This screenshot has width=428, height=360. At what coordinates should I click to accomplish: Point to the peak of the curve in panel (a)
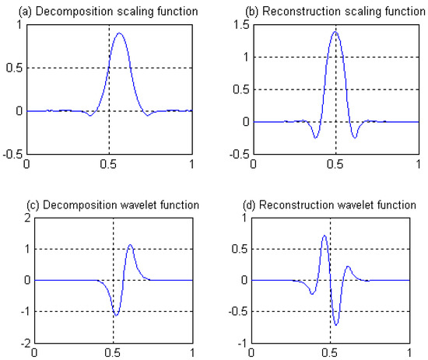coord(120,33)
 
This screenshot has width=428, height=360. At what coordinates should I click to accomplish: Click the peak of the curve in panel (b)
coord(335,32)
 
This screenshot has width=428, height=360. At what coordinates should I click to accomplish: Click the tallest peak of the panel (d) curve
coord(325,235)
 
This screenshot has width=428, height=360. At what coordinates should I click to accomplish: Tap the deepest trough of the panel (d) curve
coord(336,324)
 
